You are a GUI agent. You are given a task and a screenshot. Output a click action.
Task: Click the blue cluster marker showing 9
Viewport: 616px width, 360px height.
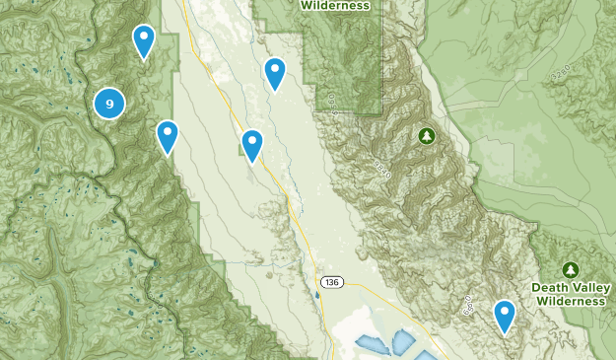click(x=109, y=102)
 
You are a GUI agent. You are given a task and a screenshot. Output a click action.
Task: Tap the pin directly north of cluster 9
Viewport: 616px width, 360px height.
click(x=144, y=40)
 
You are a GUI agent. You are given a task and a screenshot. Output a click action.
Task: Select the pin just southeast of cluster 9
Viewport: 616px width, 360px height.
click(x=168, y=136)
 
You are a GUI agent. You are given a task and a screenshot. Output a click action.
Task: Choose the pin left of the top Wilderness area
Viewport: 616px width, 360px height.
click(x=274, y=72)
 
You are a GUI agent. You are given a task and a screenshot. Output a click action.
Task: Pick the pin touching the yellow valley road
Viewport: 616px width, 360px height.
click(x=252, y=144)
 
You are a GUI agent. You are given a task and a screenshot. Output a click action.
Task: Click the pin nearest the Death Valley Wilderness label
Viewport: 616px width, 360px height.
click(x=505, y=315)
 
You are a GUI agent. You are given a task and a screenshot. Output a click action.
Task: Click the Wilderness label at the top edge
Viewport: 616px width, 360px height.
click(x=337, y=5)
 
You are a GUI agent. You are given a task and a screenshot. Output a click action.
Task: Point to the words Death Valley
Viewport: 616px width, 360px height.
click(x=571, y=287)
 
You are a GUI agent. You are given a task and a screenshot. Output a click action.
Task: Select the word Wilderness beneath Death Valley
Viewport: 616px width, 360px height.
click(x=571, y=301)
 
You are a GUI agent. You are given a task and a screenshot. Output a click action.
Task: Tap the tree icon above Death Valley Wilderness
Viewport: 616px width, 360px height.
click(x=570, y=269)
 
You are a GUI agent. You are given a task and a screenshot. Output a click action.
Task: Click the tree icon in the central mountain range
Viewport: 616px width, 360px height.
click(x=427, y=135)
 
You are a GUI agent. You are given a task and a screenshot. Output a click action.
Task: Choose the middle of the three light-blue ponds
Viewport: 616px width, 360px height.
click(x=402, y=342)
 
